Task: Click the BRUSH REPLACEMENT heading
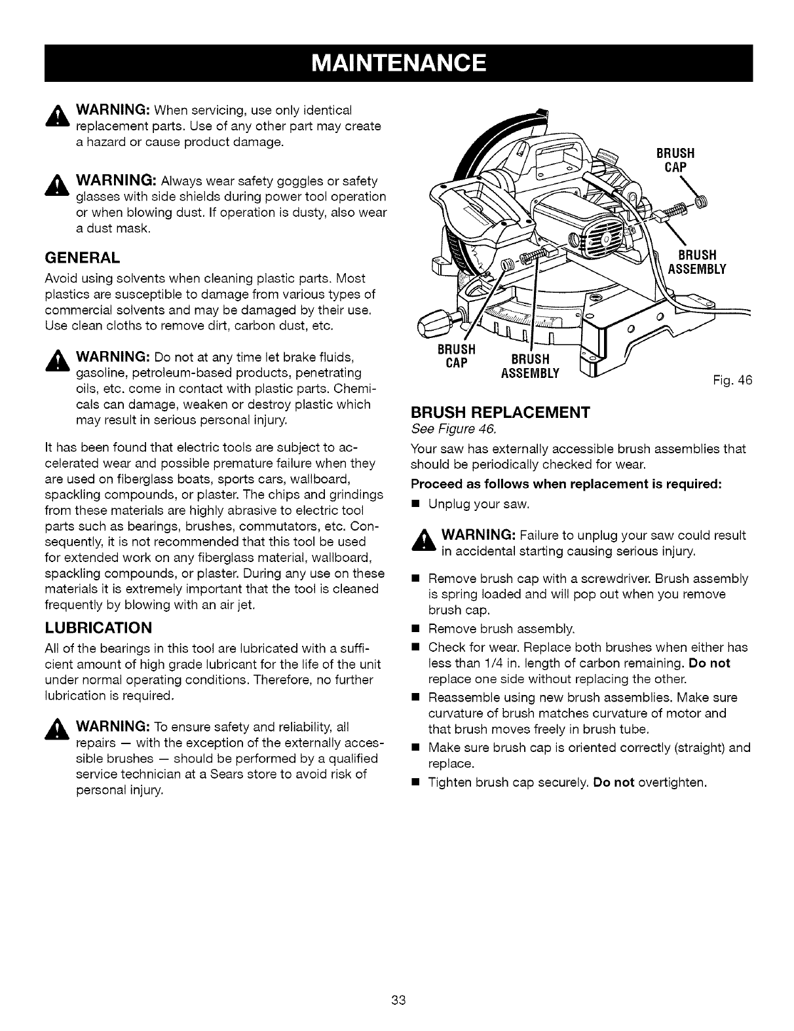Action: tap(501, 413)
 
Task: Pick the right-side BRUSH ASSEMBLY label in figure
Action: tap(696, 262)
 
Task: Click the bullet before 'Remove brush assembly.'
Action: tap(415, 629)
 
